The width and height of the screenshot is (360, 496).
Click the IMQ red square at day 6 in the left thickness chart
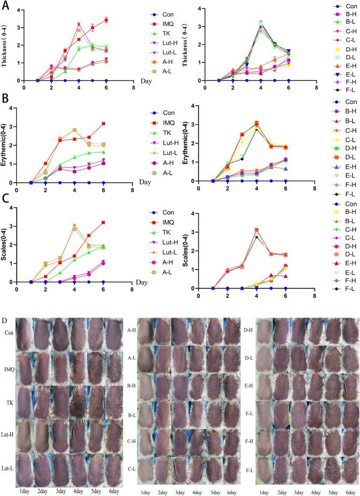click(x=107, y=20)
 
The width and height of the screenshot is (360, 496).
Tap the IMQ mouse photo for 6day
click(x=112, y=364)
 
